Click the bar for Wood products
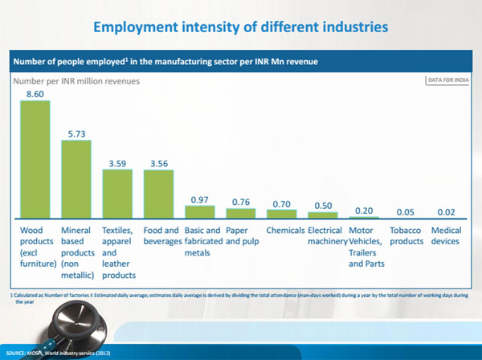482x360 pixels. tap(35, 159)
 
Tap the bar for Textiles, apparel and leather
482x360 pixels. tap(118, 194)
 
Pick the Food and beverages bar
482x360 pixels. tap(159, 194)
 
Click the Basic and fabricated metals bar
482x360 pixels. tap(200, 212)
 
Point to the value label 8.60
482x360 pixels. tap(35, 94)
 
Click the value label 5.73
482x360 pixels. tap(77, 134)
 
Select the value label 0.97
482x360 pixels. tap(200, 198)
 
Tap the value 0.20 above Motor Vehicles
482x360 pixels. tap(364, 210)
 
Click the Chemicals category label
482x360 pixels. tap(283, 231)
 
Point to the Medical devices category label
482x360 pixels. tap(446, 235)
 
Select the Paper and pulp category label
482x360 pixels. tap(242, 235)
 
